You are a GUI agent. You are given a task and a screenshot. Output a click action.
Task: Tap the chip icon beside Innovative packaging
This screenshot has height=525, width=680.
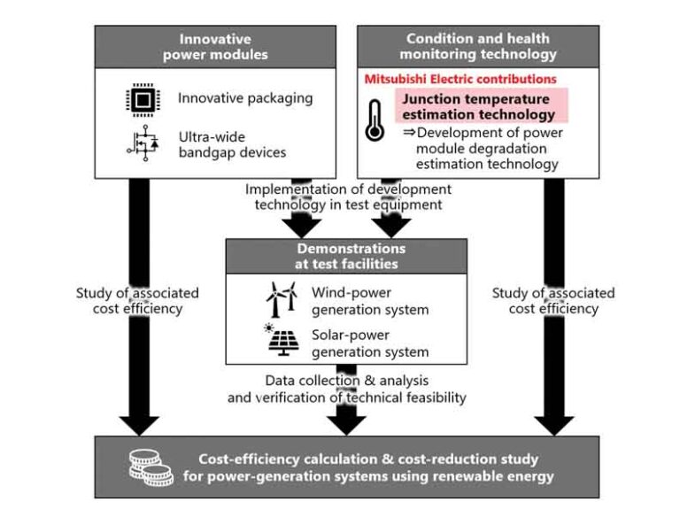click(137, 98)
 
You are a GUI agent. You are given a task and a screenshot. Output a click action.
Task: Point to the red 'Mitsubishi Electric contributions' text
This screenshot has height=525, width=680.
click(460, 79)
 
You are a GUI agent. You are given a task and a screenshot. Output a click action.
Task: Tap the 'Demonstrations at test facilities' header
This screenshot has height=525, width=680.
click(345, 256)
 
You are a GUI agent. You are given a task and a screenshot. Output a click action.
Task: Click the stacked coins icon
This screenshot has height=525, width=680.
click(150, 466)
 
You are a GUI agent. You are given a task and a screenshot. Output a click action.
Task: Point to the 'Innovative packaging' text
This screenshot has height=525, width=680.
click(244, 98)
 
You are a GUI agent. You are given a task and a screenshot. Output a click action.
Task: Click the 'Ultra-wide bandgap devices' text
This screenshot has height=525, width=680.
click(232, 144)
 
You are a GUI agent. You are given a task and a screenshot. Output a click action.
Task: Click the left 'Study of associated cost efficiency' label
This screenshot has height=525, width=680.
click(136, 301)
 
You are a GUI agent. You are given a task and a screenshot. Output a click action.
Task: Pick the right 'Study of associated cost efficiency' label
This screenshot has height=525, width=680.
click(553, 301)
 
